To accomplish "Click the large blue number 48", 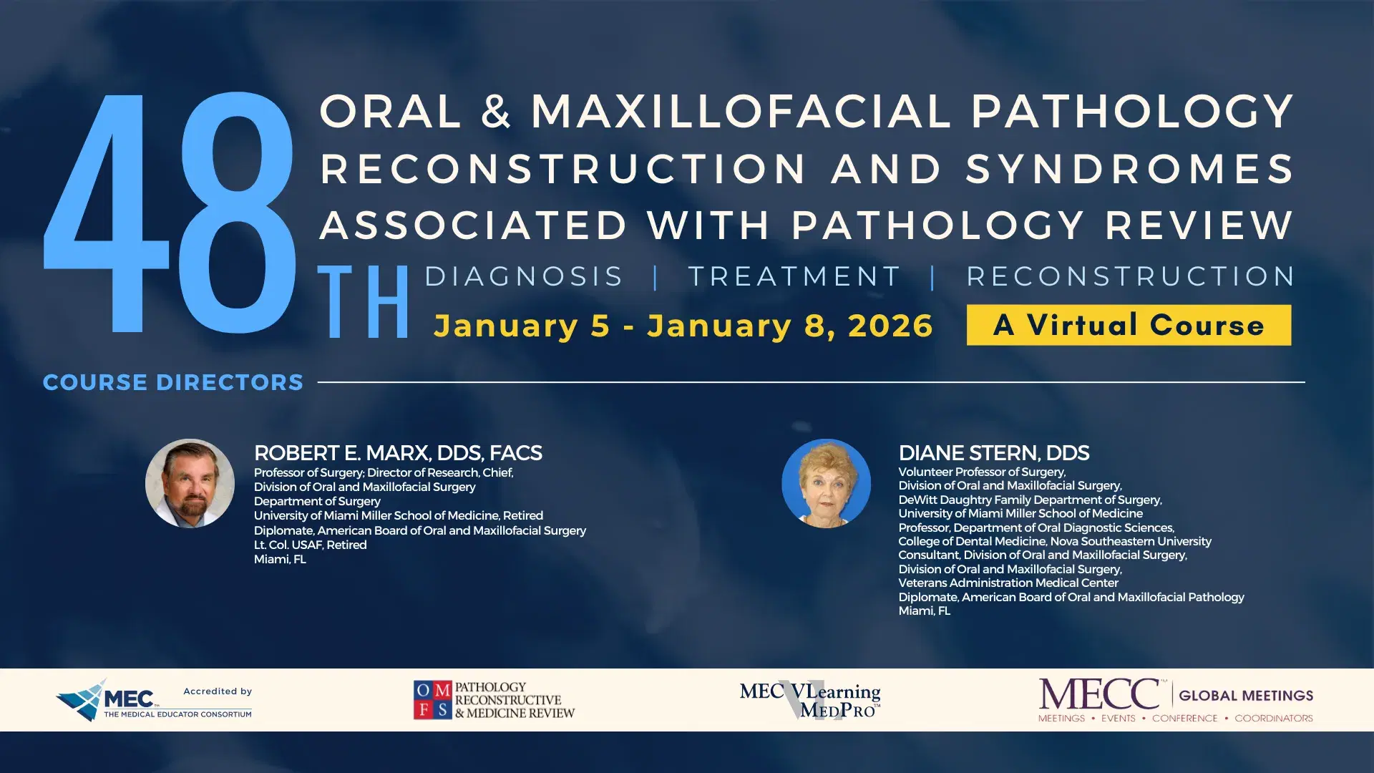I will (170, 213).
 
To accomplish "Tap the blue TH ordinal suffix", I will (364, 302).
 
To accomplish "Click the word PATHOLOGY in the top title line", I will (1131, 112).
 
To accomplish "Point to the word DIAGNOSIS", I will (524, 276).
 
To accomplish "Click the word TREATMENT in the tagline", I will (794, 276).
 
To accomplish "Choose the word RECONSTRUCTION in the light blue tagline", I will (1131, 276).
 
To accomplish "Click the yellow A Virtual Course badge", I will (1129, 325).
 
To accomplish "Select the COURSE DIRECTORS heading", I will (173, 382).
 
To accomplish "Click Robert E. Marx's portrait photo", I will (190, 483).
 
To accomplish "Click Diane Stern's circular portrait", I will (826, 483).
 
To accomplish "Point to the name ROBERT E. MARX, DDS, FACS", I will (398, 453).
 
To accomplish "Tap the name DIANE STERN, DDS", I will (993, 453).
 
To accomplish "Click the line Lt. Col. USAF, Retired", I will (310, 545).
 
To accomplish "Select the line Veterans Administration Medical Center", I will (1008, 583).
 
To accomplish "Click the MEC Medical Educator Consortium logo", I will (153, 700).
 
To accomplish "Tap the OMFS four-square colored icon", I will (432, 699).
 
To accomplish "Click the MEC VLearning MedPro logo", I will (810, 700).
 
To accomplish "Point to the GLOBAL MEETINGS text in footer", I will (1245, 695).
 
